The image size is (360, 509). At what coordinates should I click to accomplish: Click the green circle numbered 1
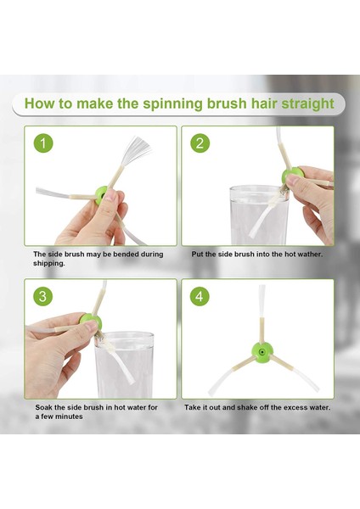tap(43, 143)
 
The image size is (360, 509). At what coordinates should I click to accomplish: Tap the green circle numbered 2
tap(200, 143)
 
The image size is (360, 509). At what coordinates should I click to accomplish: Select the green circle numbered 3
tap(43, 296)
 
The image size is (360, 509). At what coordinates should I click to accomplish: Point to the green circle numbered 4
tap(200, 296)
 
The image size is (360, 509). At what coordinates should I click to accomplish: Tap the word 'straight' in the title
tap(307, 103)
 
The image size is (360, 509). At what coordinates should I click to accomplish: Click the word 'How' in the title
tap(38, 103)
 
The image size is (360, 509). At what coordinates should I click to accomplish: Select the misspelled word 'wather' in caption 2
tap(309, 255)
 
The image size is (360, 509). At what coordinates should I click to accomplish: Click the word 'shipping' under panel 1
tap(48, 264)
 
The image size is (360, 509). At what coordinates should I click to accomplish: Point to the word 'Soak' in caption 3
tap(43, 407)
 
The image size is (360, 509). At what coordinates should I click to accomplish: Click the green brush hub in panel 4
tap(262, 352)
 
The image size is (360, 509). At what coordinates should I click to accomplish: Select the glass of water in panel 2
tap(259, 215)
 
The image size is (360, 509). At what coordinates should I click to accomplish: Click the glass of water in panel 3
tap(125, 365)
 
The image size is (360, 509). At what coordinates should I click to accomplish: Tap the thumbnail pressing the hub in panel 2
tap(293, 180)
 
